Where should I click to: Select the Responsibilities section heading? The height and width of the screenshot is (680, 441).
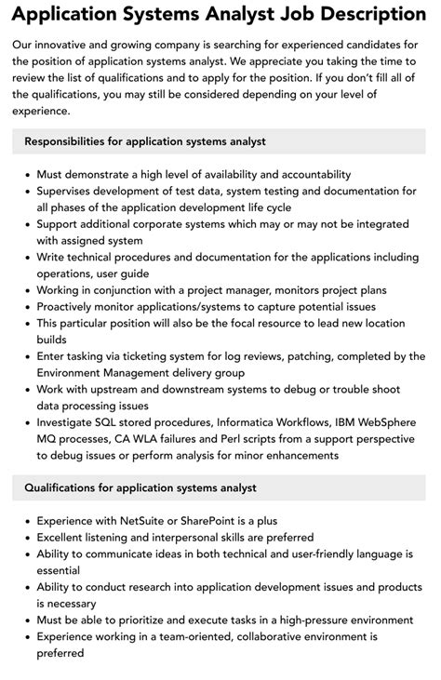click(x=145, y=141)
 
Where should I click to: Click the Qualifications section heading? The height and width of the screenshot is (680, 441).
click(x=140, y=487)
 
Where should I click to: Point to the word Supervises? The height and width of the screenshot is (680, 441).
click(x=72, y=191)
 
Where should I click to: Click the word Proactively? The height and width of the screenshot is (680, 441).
click(x=73, y=306)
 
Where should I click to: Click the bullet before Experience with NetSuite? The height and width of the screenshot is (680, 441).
click(x=26, y=521)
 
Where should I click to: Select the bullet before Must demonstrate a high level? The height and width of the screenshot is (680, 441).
click(x=26, y=174)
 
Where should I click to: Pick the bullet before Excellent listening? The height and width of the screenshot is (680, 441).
click(x=26, y=538)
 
